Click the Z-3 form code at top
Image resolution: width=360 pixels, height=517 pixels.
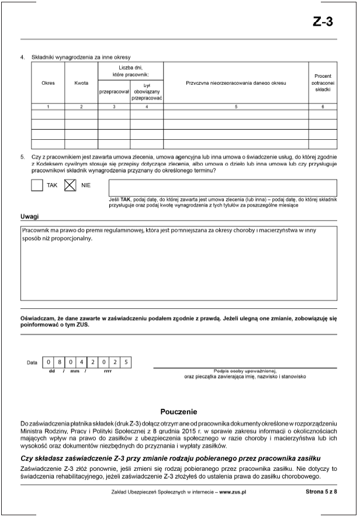(323, 22)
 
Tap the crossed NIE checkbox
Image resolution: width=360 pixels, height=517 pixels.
(70, 185)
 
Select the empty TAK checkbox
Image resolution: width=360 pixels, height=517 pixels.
(37, 185)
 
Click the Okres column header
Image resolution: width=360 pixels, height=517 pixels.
(48, 83)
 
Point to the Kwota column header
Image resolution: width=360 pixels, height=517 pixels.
(81, 83)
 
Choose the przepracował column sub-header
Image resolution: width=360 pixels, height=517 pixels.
(114, 92)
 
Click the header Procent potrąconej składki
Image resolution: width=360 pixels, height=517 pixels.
(323, 83)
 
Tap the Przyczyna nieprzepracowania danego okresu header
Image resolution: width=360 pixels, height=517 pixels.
(236, 83)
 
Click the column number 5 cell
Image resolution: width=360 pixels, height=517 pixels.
(236, 106)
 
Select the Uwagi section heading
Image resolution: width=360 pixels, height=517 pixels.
(29, 217)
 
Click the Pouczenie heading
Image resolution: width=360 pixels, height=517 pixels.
(179, 412)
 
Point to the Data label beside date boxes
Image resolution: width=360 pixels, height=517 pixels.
(32, 363)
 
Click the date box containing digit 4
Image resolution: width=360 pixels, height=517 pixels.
(83, 363)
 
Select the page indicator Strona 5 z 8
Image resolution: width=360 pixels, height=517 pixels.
(321, 492)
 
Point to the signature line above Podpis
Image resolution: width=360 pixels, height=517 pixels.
(245, 367)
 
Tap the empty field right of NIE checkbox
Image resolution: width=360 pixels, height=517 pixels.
(223, 187)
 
